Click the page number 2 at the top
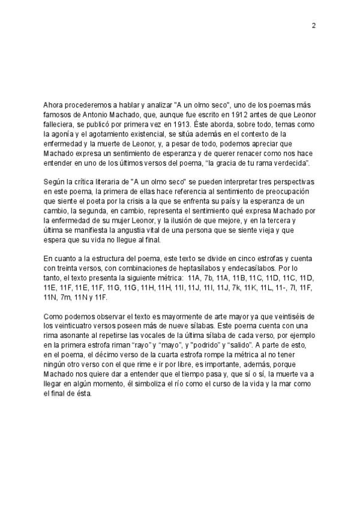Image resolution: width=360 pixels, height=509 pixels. (x=314, y=25)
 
